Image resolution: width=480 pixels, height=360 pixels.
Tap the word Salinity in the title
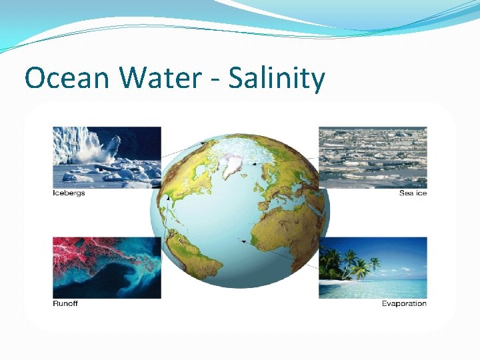[x=277, y=79]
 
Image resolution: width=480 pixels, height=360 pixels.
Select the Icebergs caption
[x=69, y=193]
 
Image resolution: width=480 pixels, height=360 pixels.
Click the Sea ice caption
[x=413, y=193]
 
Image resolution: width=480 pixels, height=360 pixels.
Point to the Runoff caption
[x=65, y=304]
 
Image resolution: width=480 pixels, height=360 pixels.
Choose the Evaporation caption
[x=404, y=304]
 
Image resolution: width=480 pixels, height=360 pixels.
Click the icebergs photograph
[x=107, y=157]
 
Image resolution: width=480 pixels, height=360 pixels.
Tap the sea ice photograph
[x=373, y=157]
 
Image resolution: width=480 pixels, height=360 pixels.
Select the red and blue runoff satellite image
[x=107, y=267]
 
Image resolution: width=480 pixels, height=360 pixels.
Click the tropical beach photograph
[x=373, y=267]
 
